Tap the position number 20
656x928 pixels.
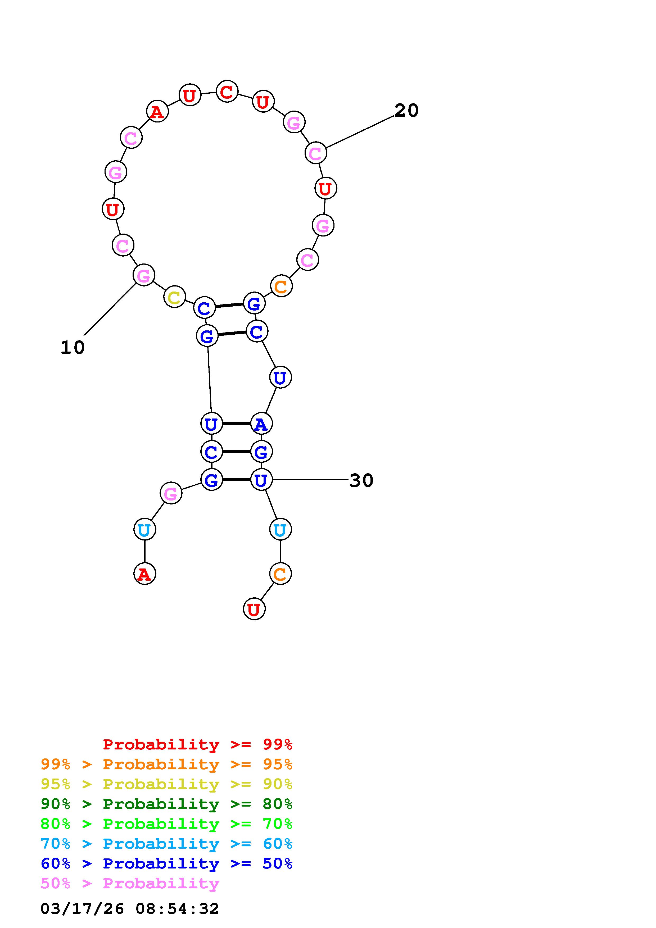pos(407,110)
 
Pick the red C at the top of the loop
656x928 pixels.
pos(227,91)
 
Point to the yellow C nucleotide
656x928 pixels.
pos(175,297)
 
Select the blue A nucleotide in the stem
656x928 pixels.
pos(261,424)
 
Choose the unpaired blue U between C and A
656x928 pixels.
pos(281,377)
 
